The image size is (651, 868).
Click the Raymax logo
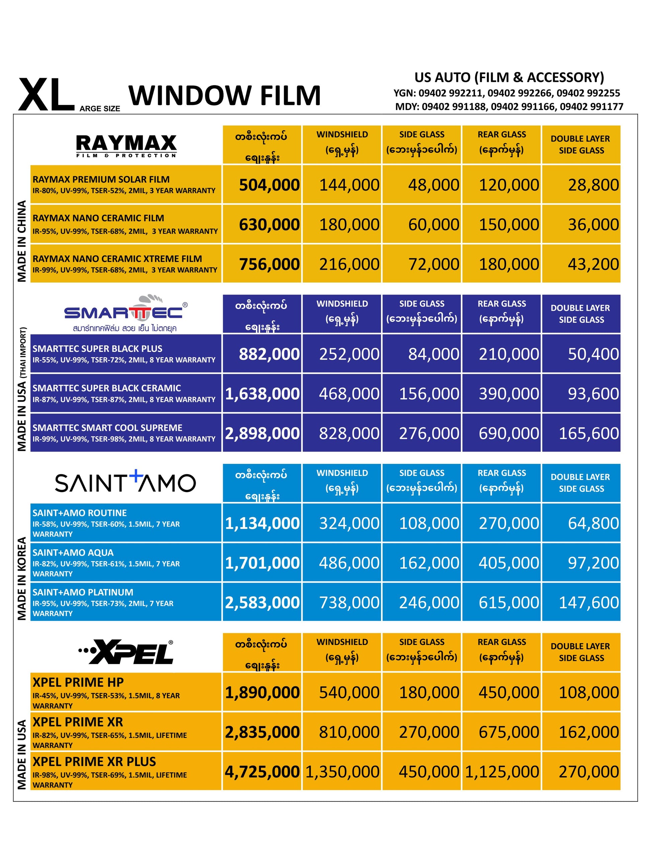(x=126, y=145)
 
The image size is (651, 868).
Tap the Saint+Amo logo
(x=125, y=482)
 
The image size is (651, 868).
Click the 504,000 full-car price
(x=269, y=185)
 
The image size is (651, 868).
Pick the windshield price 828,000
(x=349, y=433)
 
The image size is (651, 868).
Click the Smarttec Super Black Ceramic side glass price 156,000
(x=429, y=394)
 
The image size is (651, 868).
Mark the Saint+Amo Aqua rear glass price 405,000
(x=508, y=563)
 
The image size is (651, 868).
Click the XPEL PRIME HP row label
(x=78, y=682)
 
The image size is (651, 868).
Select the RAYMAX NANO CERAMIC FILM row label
(x=98, y=218)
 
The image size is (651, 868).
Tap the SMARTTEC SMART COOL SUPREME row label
(x=107, y=428)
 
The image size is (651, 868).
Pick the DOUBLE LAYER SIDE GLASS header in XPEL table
(x=581, y=652)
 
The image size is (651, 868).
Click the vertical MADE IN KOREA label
(x=22, y=578)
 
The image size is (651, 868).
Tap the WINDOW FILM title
(x=224, y=96)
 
